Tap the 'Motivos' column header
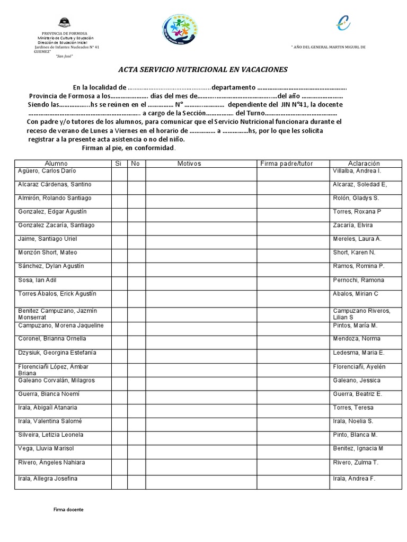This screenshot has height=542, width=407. pos(189,164)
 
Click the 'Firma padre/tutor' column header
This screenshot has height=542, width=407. pos(287,164)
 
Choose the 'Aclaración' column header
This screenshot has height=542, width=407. pos(364,164)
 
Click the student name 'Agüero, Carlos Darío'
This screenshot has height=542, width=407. pos(47,171)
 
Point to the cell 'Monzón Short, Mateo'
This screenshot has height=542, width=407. pos(47,252)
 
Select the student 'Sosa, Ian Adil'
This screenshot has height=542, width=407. pos(38,280)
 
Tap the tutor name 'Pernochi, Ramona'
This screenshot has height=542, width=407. pos(358,280)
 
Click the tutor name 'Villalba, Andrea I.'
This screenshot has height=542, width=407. pos(357,171)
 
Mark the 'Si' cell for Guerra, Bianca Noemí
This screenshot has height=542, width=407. pos(118,396)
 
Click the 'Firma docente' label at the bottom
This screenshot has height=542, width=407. pos(68,509)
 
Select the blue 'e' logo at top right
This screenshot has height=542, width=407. pos(343,23)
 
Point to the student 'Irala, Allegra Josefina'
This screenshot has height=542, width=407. pos(48,478)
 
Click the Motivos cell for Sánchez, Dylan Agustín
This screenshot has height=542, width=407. pos(201,268)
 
